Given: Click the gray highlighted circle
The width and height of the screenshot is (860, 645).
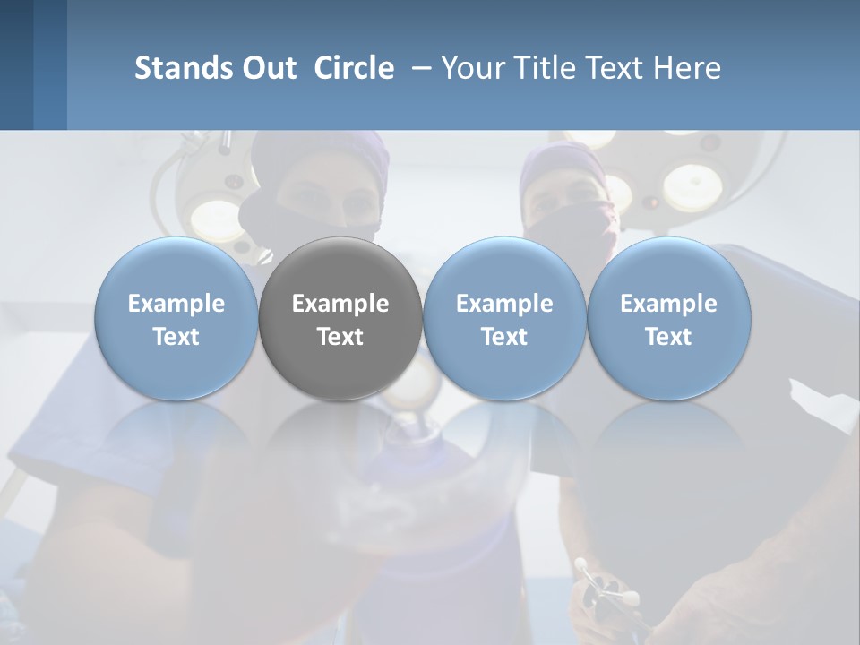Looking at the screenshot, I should [340, 318].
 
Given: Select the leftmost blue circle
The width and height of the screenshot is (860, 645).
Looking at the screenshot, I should [176, 318].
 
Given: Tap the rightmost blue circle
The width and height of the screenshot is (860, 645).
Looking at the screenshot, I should [668, 318].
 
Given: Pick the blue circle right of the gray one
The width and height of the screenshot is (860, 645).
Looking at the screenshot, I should [504, 318].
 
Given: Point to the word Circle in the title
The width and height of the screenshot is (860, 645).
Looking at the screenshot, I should [354, 68].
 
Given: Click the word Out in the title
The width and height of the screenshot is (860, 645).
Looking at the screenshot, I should [268, 68].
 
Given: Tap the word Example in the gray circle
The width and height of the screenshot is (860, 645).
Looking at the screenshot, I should [340, 304].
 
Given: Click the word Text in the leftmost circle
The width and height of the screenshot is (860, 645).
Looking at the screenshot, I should [176, 337].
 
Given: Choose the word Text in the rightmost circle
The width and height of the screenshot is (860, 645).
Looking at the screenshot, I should [668, 337].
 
